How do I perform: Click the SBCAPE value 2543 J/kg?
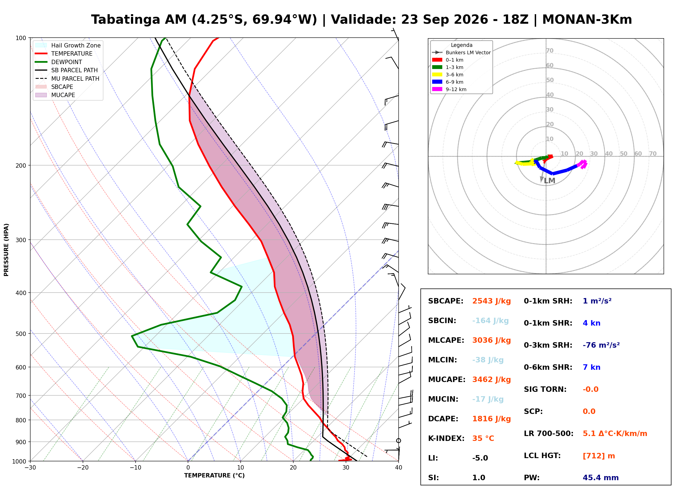point(491,301)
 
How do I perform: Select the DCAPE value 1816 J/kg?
point(491,419)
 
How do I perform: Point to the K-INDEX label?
point(446,438)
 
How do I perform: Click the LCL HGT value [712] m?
point(599,456)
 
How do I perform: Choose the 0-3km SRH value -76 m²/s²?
point(601,345)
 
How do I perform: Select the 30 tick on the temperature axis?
point(346,468)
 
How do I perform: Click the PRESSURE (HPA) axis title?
point(6,250)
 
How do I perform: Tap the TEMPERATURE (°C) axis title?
point(214,476)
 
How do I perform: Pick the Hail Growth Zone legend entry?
point(68,45)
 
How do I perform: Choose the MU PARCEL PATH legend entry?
point(67,79)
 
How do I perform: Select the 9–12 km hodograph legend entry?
point(449,89)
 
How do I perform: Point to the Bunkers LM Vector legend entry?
point(461,53)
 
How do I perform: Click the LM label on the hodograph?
point(549,181)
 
